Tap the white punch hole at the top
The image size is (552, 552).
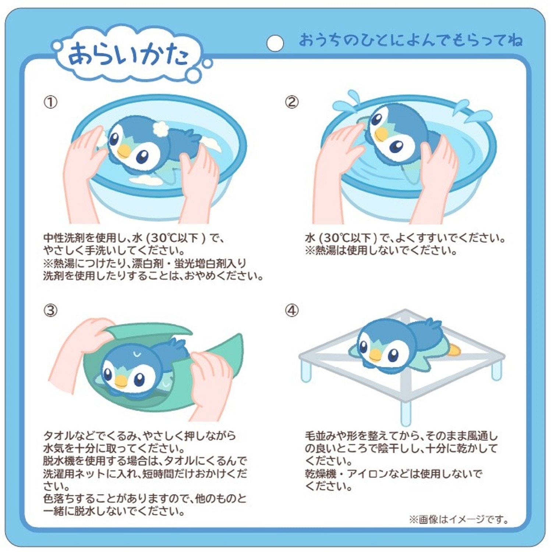point(275,43)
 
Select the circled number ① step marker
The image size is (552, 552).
point(50,102)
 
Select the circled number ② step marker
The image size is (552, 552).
point(292,102)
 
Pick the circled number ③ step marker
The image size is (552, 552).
point(50,310)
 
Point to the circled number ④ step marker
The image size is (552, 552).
point(292,310)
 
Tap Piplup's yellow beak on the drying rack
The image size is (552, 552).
point(375,354)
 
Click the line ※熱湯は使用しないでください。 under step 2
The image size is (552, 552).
point(381,251)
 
